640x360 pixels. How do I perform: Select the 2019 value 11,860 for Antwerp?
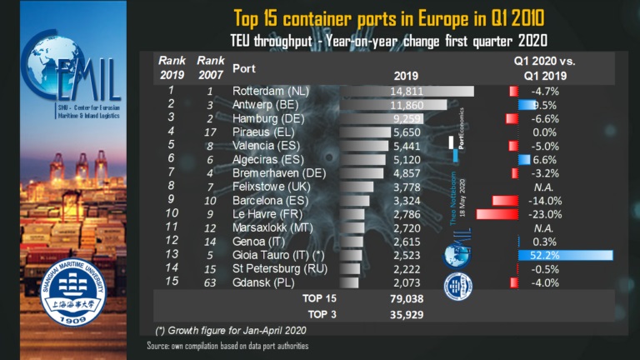click(406, 105)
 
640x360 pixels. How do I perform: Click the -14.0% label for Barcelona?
click(545, 201)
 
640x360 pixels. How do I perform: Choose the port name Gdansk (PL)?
click(260, 282)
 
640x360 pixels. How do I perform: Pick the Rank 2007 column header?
click(210, 67)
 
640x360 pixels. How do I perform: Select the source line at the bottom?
click(227, 346)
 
